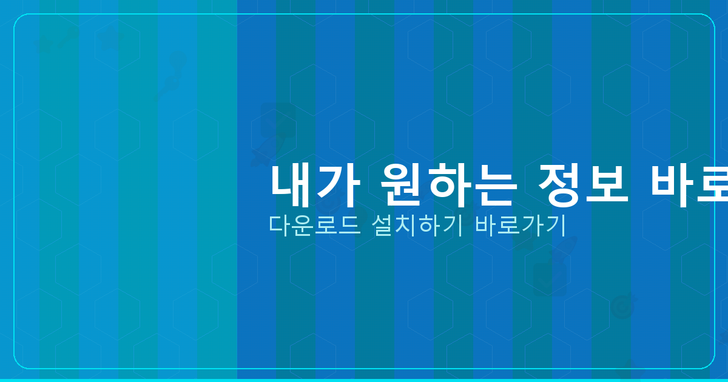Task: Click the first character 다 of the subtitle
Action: click(279, 226)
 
